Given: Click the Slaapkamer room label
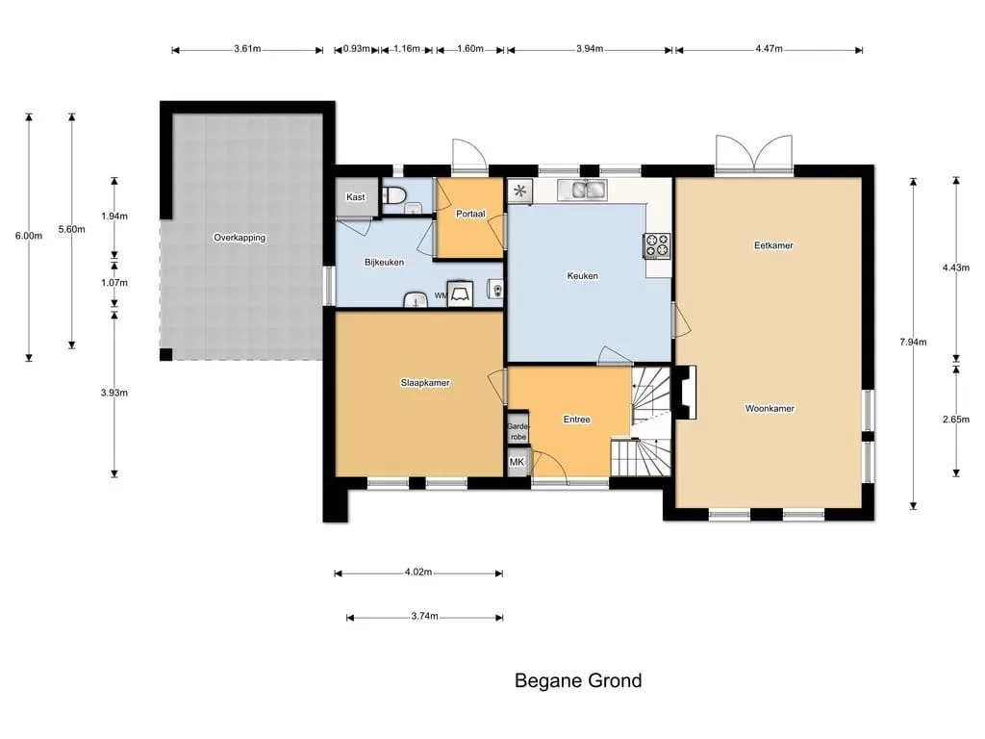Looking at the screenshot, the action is click(x=425, y=383).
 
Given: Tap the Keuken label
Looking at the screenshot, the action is click(x=582, y=276).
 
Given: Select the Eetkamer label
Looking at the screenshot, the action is click(x=773, y=245).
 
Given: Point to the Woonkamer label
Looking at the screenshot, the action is click(x=770, y=408).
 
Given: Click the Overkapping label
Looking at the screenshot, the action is click(x=240, y=239).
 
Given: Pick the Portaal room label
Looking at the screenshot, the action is click(x=470, y=214).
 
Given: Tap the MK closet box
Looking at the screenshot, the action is click(x=518, y=462).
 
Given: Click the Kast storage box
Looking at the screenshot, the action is click(x=356, y=196).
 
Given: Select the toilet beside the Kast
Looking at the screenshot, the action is click(x=393, y=194).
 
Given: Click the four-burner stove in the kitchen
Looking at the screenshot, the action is click(x=656, y=245).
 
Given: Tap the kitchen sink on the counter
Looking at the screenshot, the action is click(x=582, y=190).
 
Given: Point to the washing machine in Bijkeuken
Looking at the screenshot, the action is click(x=460, y=294).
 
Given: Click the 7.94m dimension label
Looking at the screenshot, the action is click(x=913, y=343).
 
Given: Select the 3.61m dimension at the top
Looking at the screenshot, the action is click(x=247, y=49).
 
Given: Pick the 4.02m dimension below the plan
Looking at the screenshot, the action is click(x=418, y=573).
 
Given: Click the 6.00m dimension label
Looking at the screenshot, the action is click(x=29, y=237).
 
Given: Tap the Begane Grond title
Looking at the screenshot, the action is click(x=578, y=681).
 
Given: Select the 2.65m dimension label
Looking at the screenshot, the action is click(x=955, y=420).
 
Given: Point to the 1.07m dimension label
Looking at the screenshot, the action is click(x=114, y=283).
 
